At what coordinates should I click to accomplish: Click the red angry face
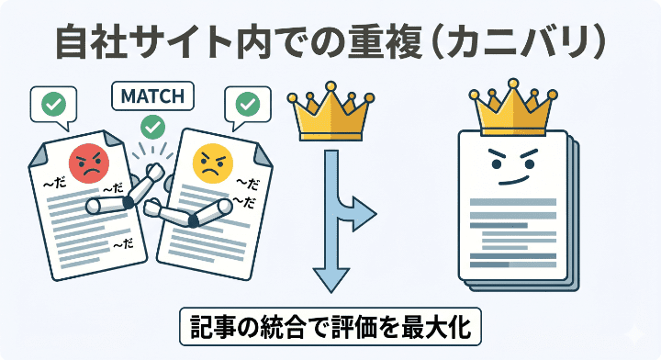(87, 163)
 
